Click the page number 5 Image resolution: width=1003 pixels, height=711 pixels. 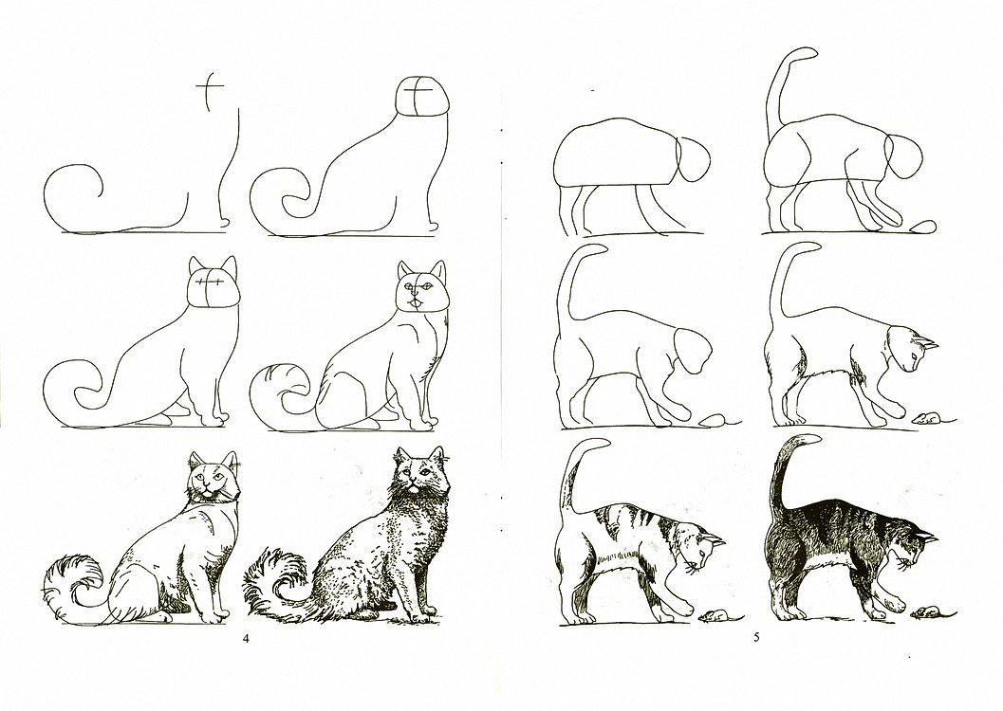point(755,637)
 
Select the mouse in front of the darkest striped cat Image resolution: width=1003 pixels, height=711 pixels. point(926,612)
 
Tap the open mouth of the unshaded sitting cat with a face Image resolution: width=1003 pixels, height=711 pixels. point(417,300)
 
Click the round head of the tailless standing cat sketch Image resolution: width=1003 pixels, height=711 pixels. point(694,159)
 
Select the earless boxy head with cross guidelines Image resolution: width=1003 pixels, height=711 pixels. point(421,99)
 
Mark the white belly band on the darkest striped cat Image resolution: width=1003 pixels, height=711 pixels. point(826,562)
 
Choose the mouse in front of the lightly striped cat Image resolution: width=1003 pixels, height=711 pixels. point(715,616)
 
